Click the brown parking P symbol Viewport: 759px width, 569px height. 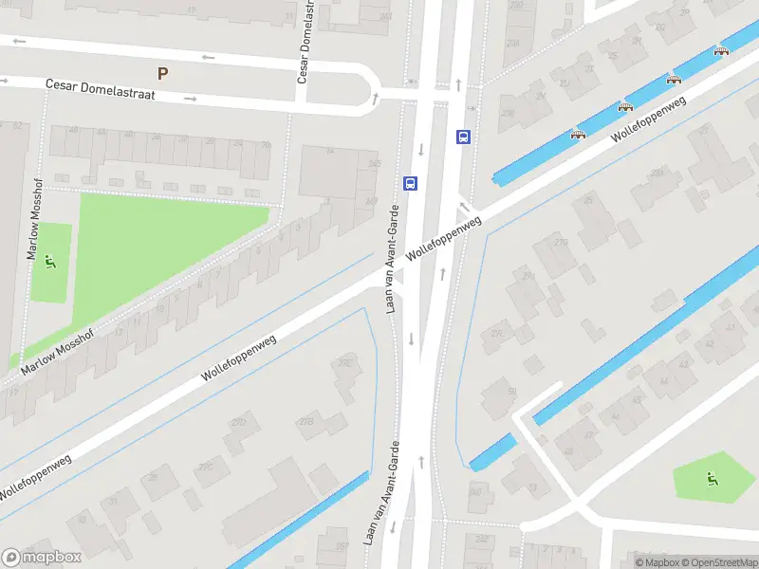163,73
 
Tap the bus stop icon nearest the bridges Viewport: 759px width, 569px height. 463,137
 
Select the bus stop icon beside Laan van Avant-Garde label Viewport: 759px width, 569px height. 411,183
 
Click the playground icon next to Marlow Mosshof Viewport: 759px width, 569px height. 50,261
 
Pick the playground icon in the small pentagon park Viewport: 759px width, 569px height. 711,478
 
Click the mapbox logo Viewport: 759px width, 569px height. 42,558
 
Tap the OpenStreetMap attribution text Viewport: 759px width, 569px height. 717,562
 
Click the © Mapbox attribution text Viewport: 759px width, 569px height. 657,562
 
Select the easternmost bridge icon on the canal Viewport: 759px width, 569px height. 721,51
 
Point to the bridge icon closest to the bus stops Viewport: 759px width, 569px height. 577,134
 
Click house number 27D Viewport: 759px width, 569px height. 239,421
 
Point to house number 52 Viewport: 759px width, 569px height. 17,125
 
